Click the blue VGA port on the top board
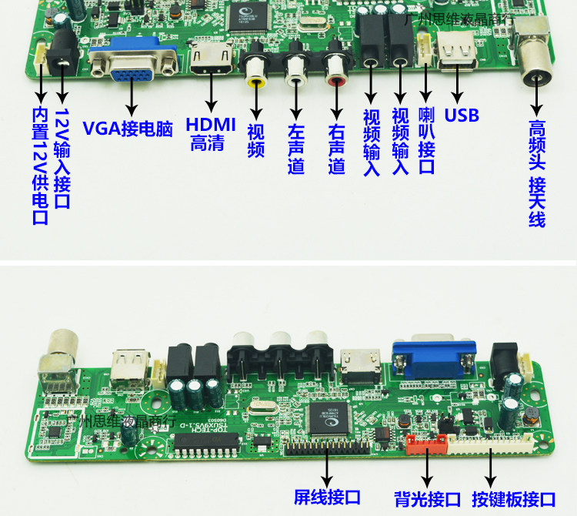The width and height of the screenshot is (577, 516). pyautogui.click(x=133, y=62)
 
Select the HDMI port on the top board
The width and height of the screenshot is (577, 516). pyautogui.click(x=207, y=58)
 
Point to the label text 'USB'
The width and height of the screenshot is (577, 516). pyautogui.click(x=462, y=116)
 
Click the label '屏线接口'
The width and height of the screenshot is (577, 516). pyautogui.click(x=327, y=498)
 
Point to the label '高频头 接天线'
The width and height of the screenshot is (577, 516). pyautogui.click(x=537, y=173)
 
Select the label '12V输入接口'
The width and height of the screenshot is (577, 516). pyautogui.click(x=62, y=158)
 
